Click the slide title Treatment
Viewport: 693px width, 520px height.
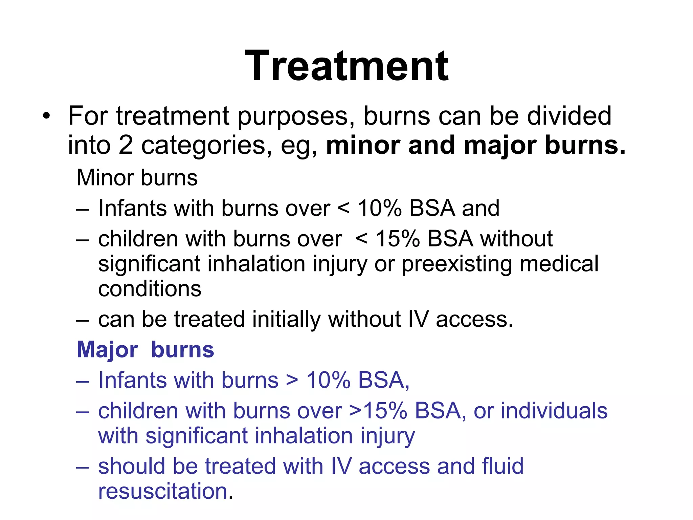pos(346,66)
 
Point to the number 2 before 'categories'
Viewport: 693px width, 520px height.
pos(126,145)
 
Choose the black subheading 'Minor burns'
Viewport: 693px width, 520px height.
pos(137,178)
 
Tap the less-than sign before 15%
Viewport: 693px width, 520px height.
pos(362,239)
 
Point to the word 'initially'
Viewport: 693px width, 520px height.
pos(286,319)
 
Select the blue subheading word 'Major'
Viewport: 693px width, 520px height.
pos(107,350)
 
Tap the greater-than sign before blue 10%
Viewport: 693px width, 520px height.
pos(292,381)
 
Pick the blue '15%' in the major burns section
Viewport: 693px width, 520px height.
pos(385,411)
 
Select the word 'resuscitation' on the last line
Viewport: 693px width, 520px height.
pos(163,491)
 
